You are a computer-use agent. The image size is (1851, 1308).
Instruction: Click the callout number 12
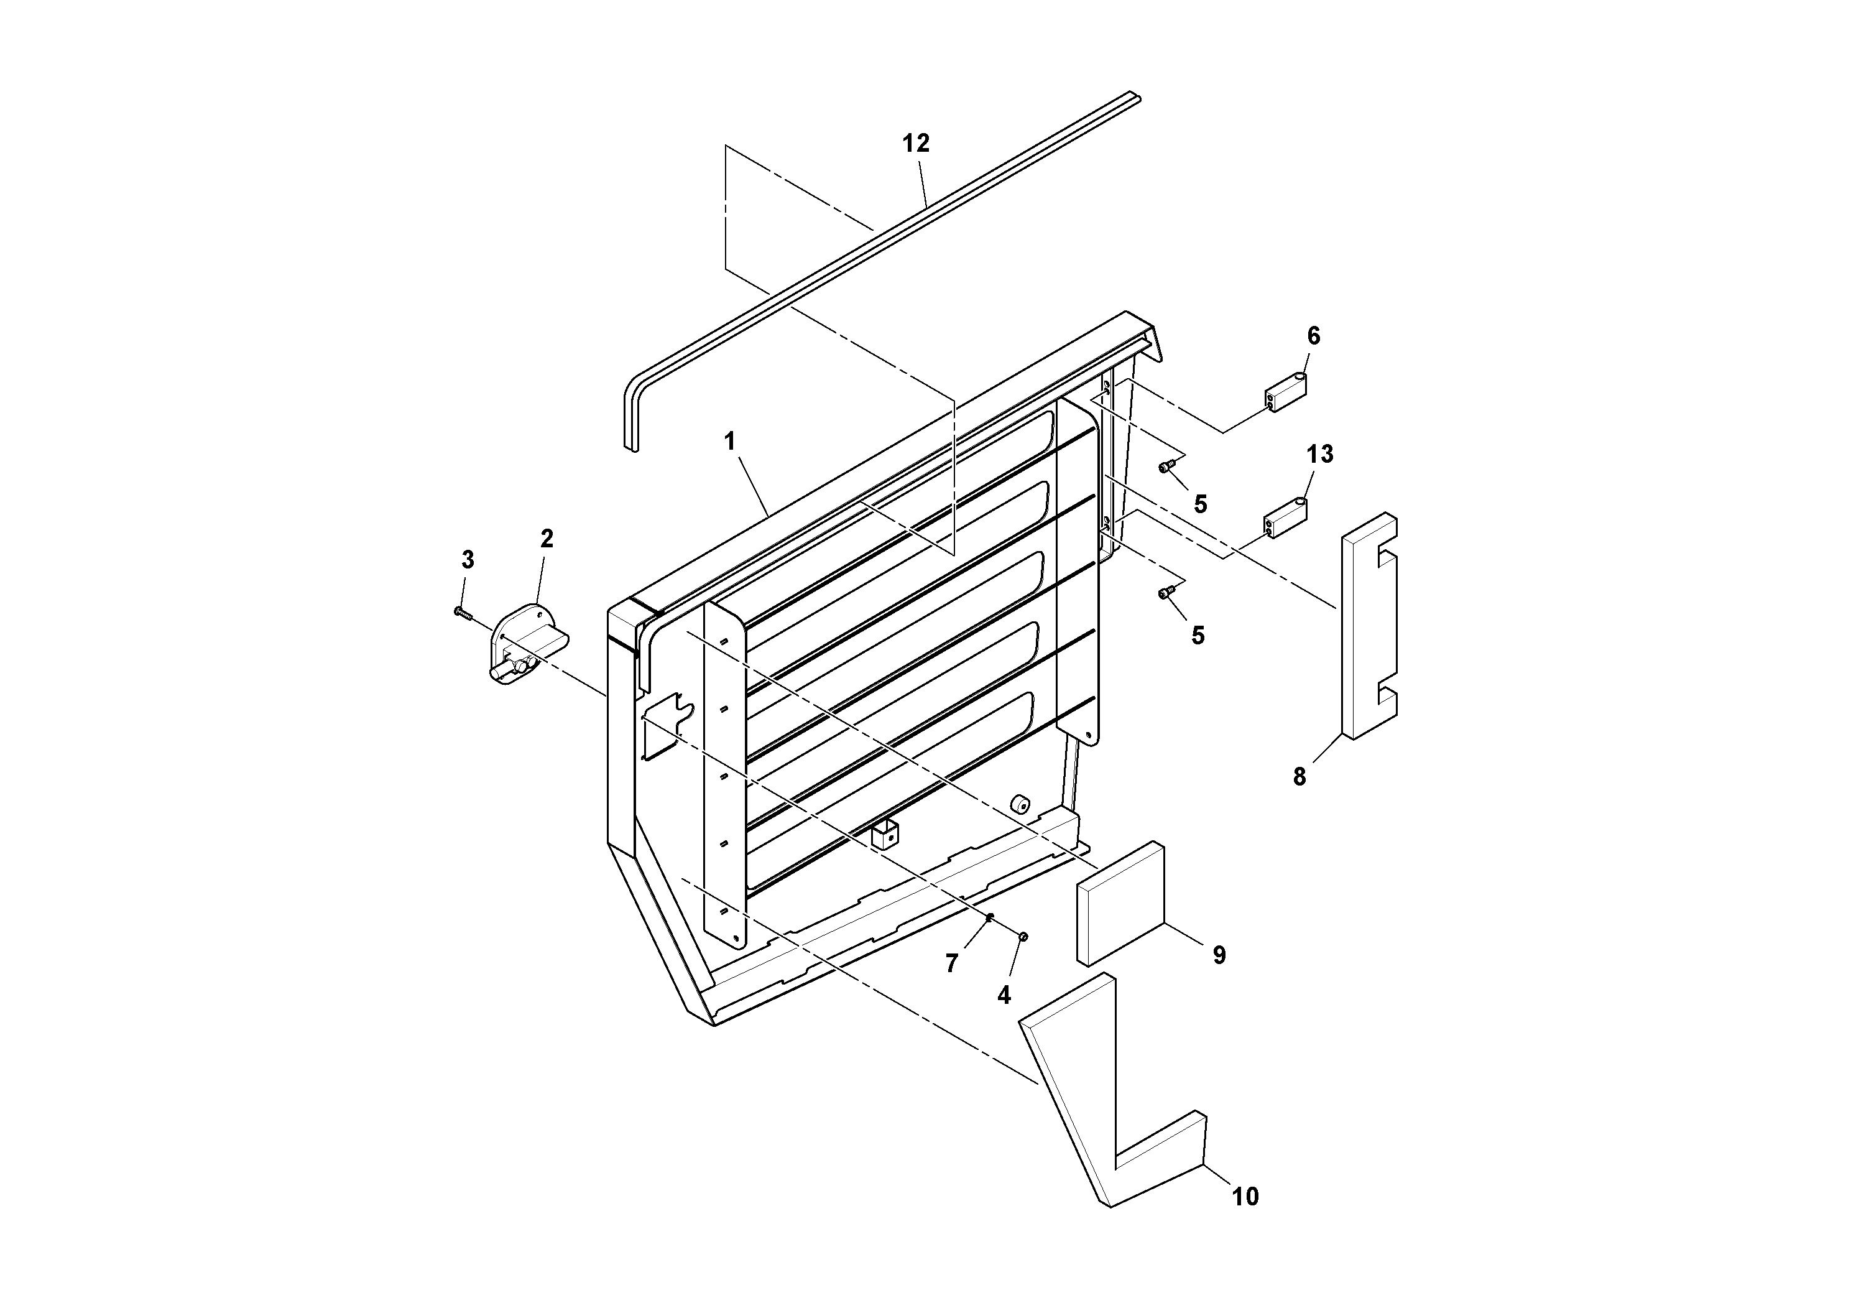[x=916, y=144]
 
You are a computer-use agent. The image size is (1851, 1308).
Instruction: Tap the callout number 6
[x=1313, y=336]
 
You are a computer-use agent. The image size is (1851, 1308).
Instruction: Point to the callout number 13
[x=1320, y=454]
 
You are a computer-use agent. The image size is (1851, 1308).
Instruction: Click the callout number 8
[x=1299, y=777]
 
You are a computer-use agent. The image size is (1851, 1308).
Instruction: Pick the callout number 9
[x=1219, y=955]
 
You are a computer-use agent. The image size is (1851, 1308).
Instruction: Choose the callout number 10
[x=1245, y=1197]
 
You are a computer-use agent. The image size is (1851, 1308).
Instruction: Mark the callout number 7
[x=951, y=963]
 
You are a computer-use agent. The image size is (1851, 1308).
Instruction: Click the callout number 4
[x=1004, y=996]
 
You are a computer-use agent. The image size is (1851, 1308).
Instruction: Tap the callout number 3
[x=468, y=559]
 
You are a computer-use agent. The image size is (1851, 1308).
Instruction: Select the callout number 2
[x=547, y=539]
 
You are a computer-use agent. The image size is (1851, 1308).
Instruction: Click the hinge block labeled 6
[x=1285, y=392]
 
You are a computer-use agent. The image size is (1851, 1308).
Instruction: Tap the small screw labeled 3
[x=463, y=614]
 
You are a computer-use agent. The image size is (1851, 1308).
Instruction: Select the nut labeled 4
[x=1023, y=935]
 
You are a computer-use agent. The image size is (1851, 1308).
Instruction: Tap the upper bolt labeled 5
[x=1164, y=466]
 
